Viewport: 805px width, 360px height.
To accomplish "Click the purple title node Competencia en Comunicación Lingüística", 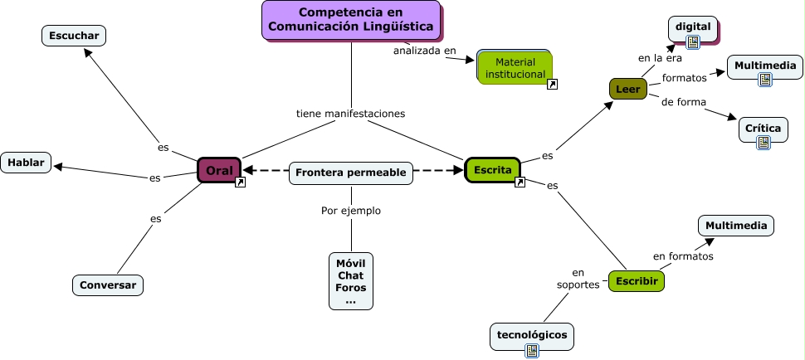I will tap(351, 20).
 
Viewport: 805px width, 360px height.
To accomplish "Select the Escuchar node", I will tap(74, 36).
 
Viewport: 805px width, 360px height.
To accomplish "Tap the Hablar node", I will tap(27, 163).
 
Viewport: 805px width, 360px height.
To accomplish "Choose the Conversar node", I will tap(108, 285).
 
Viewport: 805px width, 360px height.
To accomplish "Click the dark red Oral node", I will tap(219, 170).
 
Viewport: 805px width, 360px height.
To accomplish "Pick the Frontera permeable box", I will tap(351, 173).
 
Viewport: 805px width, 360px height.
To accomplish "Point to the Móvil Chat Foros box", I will tap(351, 281).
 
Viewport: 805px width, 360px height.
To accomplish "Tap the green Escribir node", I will tap(637, 282).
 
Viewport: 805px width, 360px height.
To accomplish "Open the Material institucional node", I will tap(515, 67).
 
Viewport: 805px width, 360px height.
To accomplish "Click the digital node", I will tap(693, 27).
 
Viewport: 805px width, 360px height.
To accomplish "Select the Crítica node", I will tap(763, 129).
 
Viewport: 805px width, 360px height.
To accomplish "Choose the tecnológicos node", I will tap(532, 334).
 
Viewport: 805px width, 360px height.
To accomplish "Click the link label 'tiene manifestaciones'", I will tap(351, 114).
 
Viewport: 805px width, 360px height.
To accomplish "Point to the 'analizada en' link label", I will tap(425, 51).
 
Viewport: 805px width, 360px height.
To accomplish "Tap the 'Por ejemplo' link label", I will tap(351, 211).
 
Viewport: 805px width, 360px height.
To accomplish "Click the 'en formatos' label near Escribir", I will tap(683, 256).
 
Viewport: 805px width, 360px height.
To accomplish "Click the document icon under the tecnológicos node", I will tap(532, 351).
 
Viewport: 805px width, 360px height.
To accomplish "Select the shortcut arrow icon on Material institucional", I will tap(553, 84).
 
